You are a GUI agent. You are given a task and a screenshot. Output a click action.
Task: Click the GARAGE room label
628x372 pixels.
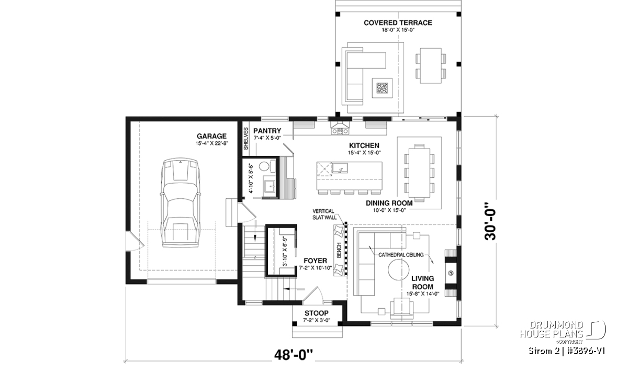(211, 136)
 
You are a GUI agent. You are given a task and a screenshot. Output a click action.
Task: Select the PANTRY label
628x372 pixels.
(267, 131)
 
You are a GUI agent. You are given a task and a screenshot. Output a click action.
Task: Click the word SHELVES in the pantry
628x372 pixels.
(246, 139)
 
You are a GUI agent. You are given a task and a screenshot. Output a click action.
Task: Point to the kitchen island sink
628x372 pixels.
(340, 168)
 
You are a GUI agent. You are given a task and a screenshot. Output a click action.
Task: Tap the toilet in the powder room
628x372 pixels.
(266, 166)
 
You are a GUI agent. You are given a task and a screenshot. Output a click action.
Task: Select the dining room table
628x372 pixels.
(419, 173)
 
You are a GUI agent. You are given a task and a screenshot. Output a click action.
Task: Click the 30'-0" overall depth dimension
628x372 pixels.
(490, 221)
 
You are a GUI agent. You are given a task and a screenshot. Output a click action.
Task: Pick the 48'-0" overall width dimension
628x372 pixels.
(293, 355)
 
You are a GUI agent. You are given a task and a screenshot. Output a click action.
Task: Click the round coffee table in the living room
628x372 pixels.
(398, 269)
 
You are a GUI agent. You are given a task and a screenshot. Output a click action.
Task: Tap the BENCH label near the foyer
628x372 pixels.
(339, 250)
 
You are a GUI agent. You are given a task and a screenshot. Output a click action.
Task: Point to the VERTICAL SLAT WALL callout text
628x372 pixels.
(324, 214)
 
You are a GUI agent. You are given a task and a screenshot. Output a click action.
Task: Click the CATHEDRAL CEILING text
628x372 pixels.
(401, 255)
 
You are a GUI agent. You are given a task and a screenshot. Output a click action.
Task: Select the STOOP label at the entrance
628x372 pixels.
(317, 313)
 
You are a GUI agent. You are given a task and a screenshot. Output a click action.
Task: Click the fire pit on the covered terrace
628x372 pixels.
(382, 88)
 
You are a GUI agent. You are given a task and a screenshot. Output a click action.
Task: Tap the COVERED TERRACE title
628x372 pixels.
(398, 23)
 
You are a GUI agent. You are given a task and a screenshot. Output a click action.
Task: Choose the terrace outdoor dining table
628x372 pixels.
(430, 65)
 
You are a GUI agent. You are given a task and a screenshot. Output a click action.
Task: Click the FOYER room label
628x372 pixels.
(315, 261)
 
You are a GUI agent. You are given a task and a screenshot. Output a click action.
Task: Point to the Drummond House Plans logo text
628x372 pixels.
(552, 330)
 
